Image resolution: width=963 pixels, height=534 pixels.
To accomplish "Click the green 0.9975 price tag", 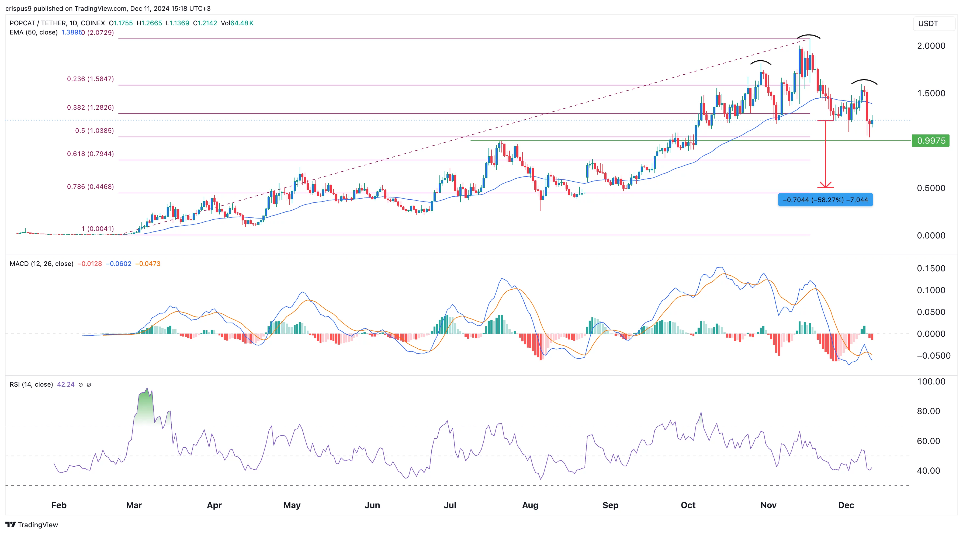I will tap(930, 141).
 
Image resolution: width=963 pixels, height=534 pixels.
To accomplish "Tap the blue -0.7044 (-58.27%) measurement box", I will tap(825, 200).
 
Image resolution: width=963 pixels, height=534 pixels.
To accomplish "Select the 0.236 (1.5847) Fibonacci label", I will tap(90, 79).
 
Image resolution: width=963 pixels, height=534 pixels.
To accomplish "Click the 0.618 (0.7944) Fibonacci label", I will tap(90, 154).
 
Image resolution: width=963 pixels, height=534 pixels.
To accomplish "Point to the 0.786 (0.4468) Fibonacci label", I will tap(90, 186).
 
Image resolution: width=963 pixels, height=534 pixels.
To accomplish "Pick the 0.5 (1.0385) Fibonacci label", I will tap(94, 130).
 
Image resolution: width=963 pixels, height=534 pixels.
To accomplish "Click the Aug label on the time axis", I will tap(530, 505).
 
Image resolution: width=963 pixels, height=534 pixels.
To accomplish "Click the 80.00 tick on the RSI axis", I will tap(928, 411).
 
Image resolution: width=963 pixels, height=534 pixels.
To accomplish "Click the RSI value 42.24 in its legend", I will tap(65, 384).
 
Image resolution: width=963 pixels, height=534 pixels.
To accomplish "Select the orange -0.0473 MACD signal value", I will tap(147, 263).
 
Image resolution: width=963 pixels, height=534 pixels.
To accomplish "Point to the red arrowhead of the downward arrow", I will tap(825, 185).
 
